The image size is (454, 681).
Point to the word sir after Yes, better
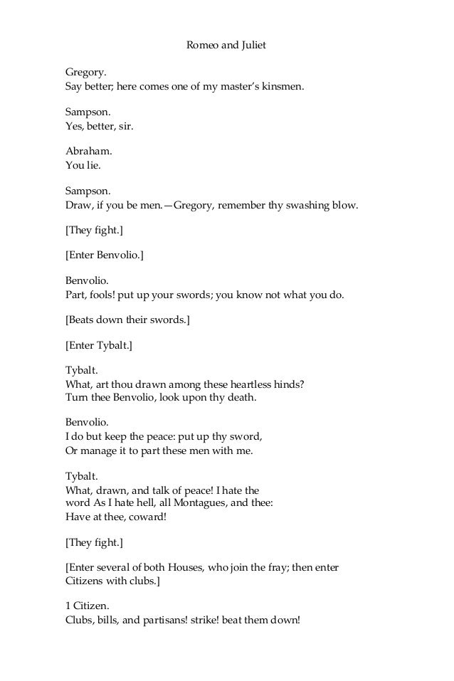click(x=126, y=126)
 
